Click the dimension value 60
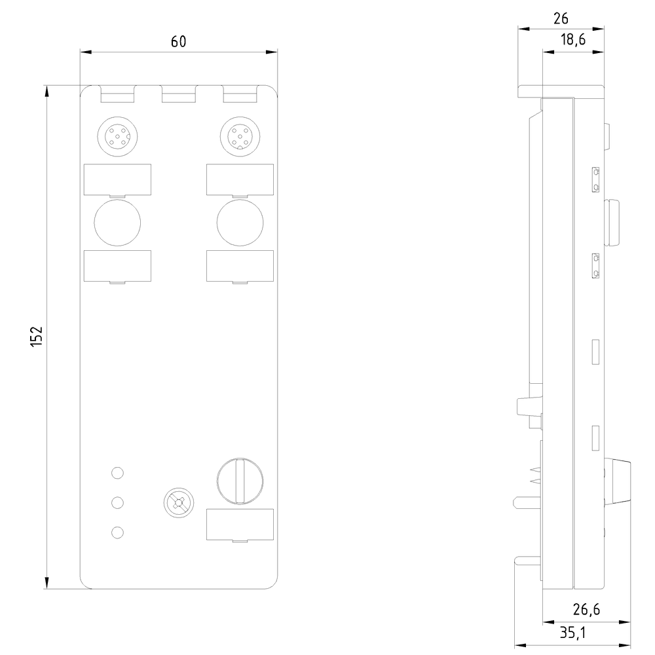[178, 41]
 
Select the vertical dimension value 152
[37, 336]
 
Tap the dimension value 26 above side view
[561, 18]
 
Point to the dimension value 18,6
[572, 41]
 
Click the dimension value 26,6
[586, 610]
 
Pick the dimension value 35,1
[573, 633]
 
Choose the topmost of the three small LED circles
[117, 472]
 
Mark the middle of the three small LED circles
[117, 502]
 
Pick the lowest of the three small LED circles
[117, 533]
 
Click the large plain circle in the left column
[117, 223]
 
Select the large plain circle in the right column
[240, 223]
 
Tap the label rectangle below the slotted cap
[240, 525]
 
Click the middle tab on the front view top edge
[178, 96]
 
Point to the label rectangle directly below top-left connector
[117, 179]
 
